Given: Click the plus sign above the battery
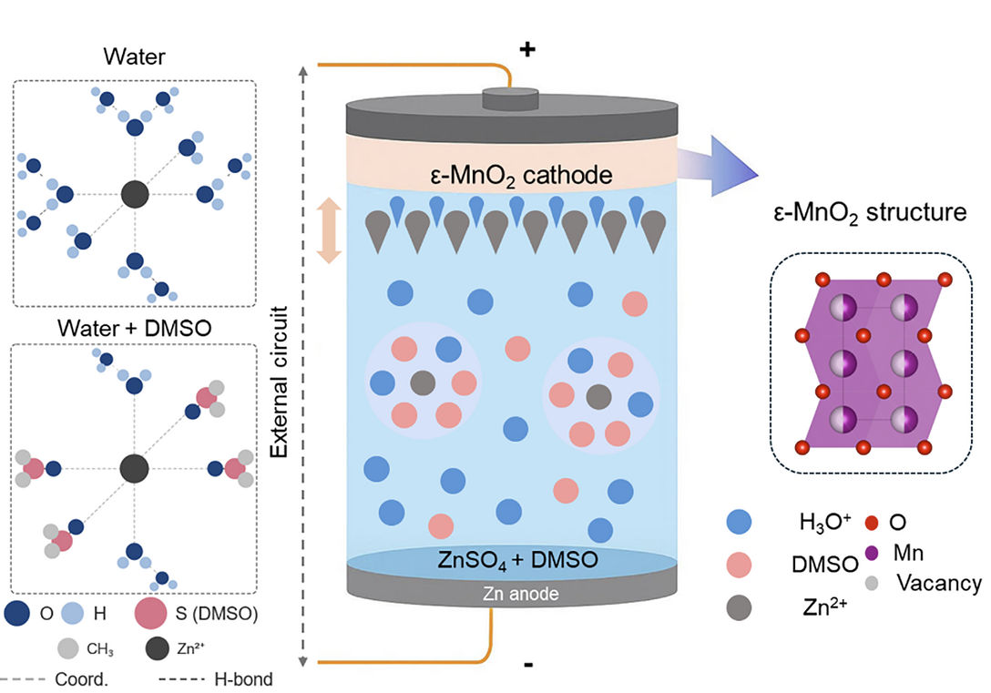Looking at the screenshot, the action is pyautogui.click(x=527, y=49).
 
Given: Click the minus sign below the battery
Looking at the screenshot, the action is pyautogui.click(x=528, y=665).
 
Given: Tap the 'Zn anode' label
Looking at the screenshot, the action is pyautogui.click(x=521, y=594).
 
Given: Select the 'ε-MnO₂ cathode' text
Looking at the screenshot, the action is pyautogui.click(x=521, y=176).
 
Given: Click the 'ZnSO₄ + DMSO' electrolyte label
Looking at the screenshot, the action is pyautogui.click(x=517, y=560).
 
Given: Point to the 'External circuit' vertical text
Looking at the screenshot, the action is pyautogui.click(x=279, y=382).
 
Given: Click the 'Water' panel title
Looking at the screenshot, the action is pyautogui.click(x=134, y=56).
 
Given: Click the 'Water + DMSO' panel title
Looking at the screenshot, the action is pyautogui.click(x=134, y=328).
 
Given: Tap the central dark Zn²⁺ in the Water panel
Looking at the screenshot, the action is pyautogui.click(x=135, y=194).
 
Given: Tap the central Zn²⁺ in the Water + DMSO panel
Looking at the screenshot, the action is pyautogui.click(x=134, y=469).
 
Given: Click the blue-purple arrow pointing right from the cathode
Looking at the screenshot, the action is pyautogui.click(x=718, y=166).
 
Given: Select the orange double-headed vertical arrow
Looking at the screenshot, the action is pyautogui.click(x=329, y=230).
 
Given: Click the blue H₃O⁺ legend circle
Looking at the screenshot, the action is pyautogui.click(x=739, y=522).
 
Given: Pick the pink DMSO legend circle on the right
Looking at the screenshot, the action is pyautogui.click(x=739, y=565).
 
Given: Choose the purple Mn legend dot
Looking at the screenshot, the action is pyautogui.click(x=872, y=553).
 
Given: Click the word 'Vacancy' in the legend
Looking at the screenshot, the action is pyautogui.click(x=939, y=583).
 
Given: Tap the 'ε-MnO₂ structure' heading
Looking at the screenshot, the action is pyautogui.click(x=870, y=213).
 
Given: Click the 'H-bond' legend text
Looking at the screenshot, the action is pyautogui.click(x=243, y=679).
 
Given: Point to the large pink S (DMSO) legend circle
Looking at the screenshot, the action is pyautogui.click(x=150, y=613).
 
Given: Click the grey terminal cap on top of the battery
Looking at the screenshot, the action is pyautogui.click(x=511, y=99).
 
